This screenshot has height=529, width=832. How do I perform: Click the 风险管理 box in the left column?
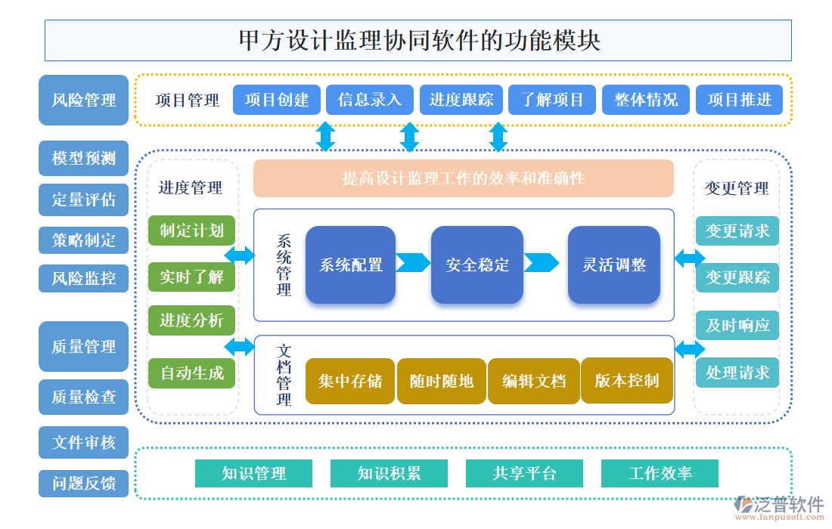[x=84, y=100]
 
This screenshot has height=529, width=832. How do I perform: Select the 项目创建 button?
[x=277, y=100]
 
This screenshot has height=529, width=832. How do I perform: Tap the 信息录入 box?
[x=370, y=100]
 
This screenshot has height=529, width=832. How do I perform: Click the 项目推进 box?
[x=739, y=100]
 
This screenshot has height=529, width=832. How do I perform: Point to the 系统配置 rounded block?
[x=351, y=265]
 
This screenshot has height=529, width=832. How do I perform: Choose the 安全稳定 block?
[x=477, y=265]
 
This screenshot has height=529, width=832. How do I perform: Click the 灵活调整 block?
[x=613, y=265]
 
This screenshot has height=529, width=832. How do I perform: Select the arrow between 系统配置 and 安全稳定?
[x=413, y=263]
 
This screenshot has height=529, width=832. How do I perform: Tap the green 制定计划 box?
[x=191, y=230]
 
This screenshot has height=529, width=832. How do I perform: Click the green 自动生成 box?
[x=191, y=373]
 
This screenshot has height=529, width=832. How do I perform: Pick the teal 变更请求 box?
[x=737, y=230]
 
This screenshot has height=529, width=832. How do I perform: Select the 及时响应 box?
[x=737, y=325]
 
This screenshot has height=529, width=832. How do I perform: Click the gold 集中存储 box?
[x=350, y=381]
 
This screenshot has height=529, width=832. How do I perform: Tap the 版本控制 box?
[x=626, y=380]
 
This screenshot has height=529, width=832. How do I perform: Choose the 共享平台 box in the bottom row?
[x=524, y=474]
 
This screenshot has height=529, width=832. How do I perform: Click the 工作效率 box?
[x=660, y=474]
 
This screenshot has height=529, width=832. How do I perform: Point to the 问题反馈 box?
[x=84, y=484]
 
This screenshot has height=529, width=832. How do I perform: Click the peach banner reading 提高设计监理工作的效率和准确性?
[x=463, y=178]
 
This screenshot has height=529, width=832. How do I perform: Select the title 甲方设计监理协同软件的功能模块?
[x=418, y=40]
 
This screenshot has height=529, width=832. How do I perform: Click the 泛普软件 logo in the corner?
[x=779, y=505]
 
